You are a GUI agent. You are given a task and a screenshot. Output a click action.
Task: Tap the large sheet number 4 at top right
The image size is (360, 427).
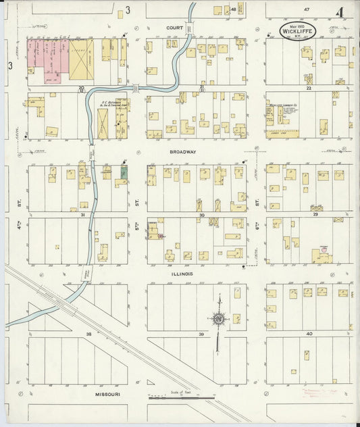click(x=340, y=11)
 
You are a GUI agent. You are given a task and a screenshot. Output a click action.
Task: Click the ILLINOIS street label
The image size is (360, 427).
click(x=183, y=274)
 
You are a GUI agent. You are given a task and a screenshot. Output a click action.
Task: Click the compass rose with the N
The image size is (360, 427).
click(x=218, y=318)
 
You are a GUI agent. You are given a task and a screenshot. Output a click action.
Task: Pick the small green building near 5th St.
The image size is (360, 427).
click(x=124, y=172)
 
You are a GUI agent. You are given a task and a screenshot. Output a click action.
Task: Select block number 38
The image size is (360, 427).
click(x=88, y=334)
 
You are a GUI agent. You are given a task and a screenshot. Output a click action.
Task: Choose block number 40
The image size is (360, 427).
click(x=309, y=334)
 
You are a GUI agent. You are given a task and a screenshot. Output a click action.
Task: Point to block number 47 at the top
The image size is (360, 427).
click(x=306, y=9)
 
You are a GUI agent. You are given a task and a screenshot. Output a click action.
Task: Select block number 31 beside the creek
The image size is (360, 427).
click(x=82, y=215)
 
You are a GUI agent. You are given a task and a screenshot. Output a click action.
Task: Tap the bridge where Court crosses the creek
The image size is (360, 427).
click(x=190, y=28)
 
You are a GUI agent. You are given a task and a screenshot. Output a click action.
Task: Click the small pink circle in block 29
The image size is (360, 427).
click(x=324, y=249)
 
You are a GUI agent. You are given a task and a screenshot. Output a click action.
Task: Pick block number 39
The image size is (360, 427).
click(x=201, y=334)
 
